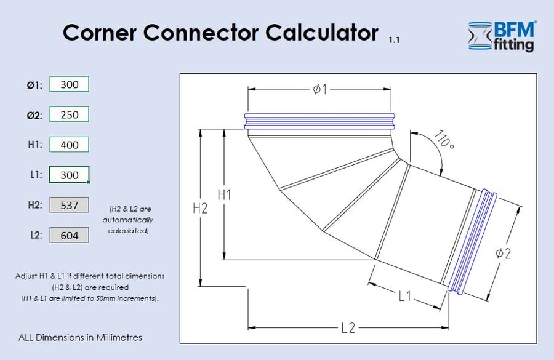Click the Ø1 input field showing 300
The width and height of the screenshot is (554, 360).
(69, 84)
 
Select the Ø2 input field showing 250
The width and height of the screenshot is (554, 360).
(69, 114)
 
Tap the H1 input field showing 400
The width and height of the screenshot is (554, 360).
(69, 145)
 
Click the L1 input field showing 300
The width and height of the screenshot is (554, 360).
(69, 175)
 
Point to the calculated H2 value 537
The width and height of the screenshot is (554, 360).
(69, 205)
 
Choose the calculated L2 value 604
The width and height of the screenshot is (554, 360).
(69, 235)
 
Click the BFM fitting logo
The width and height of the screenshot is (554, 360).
(502, 36)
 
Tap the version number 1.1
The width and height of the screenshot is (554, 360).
(394, 41)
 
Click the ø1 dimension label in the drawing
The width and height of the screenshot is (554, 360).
(319, 90)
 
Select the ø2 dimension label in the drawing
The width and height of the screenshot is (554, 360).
(504, 253)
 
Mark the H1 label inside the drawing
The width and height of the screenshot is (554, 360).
(225, 195)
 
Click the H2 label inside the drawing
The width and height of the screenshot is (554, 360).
(200, 208)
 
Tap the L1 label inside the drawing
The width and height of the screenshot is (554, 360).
(404, 296)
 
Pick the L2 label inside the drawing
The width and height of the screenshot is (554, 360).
(348, 328)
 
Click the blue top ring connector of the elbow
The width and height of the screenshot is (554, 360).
(319, 121)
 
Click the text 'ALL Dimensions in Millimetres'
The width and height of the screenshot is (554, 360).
(81, 337)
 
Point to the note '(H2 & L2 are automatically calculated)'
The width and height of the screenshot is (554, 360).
(128, 220)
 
